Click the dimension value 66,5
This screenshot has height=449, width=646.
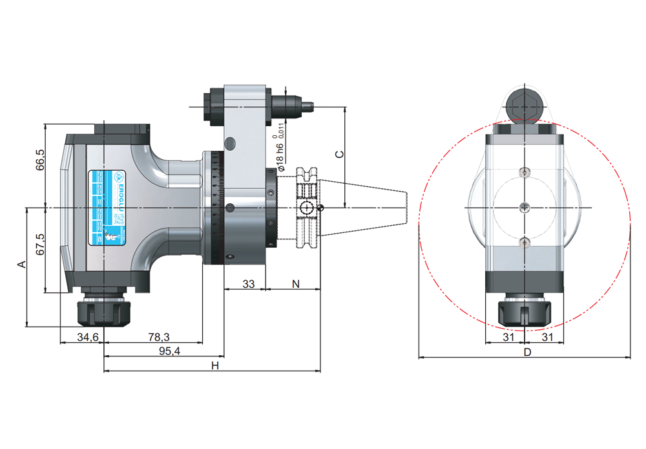coord(41,160)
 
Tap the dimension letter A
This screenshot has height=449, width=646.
coord(21,265)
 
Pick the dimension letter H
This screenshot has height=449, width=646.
coord(216,366)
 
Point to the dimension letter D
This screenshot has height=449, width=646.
coord(527,353)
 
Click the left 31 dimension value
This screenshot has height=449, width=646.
coord(508,337)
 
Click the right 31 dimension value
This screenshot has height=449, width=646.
coord(547,337)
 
